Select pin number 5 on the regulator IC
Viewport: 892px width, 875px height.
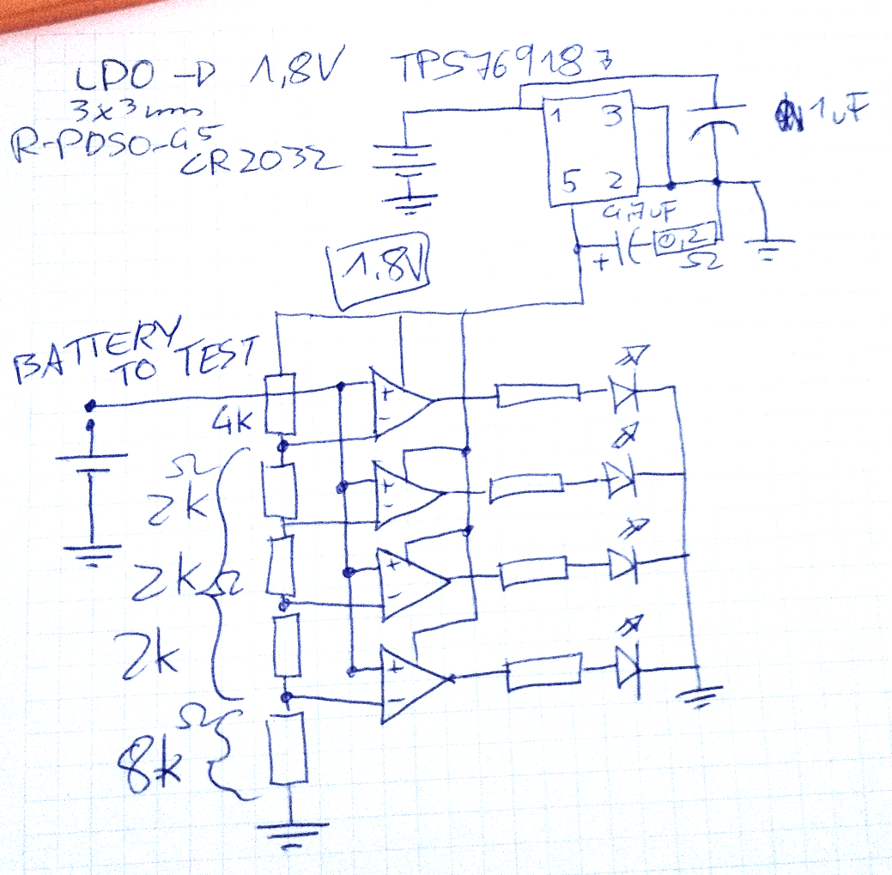568,182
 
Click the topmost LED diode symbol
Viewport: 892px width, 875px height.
624,392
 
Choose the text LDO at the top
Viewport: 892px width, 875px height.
111,82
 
